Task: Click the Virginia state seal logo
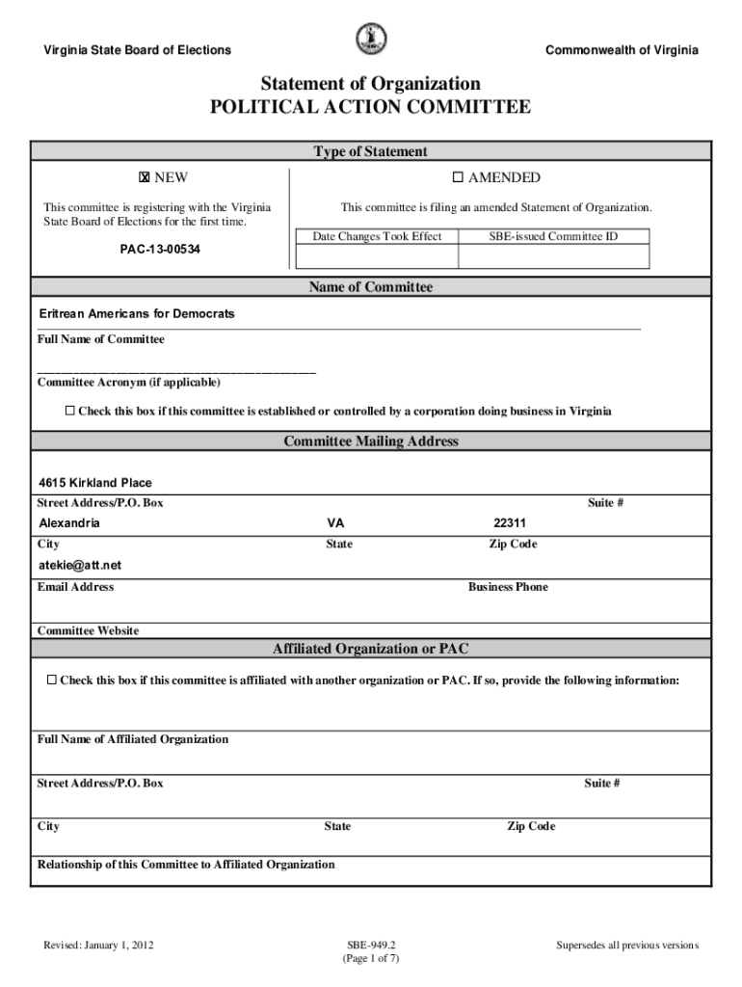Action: [371, 40]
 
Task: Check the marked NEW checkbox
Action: [144, 177]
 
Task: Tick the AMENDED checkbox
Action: [459, 177]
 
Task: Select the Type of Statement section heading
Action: [371, 151]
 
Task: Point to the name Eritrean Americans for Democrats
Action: [136, 314]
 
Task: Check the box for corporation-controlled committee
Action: [69, 412]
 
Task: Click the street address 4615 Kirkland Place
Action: [95, 483]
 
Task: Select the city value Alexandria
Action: [68, 523]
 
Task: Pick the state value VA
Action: [335, 523]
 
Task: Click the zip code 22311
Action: [509, 523]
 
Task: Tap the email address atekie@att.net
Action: [80, 565]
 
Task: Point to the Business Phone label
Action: [508, 587]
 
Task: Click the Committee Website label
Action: [88, 630]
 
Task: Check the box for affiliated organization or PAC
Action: [52, 680]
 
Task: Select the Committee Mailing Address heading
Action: [371, 441]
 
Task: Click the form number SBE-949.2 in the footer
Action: [370, 946]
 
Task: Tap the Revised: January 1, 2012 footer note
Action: [98, 946]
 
